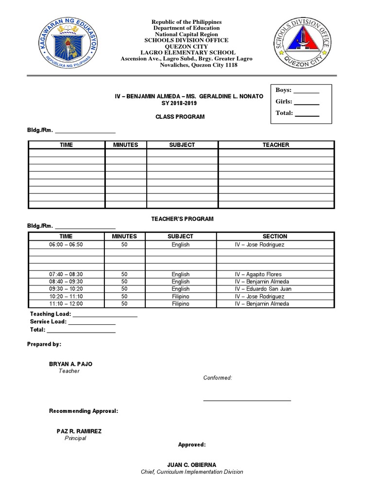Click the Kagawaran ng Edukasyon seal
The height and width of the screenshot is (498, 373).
coord(68,45)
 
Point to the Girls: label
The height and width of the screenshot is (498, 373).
coord(284,102)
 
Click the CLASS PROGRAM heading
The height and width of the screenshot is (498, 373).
coord(180,117)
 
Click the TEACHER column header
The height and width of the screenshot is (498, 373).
coord(275,145)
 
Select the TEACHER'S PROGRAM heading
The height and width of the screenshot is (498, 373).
coord(182,219)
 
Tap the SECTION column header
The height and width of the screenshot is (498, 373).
coord(275,236)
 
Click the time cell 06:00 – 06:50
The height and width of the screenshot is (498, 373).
coord(66,245)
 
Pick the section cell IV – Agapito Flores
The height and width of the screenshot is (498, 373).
coord(258,274)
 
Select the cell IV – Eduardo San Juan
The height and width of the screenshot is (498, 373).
coord(263,289)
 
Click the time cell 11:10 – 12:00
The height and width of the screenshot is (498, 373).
coord(66,304)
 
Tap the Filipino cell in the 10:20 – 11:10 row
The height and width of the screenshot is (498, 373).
coord(180,296)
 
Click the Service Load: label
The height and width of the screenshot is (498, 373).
coord(48,321)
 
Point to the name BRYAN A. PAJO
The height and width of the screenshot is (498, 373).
coord(70,364)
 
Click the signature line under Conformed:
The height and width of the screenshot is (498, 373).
coord(247,400)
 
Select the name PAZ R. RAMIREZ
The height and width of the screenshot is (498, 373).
coord(79,431)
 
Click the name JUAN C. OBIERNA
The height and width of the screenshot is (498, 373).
coord(191,464)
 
